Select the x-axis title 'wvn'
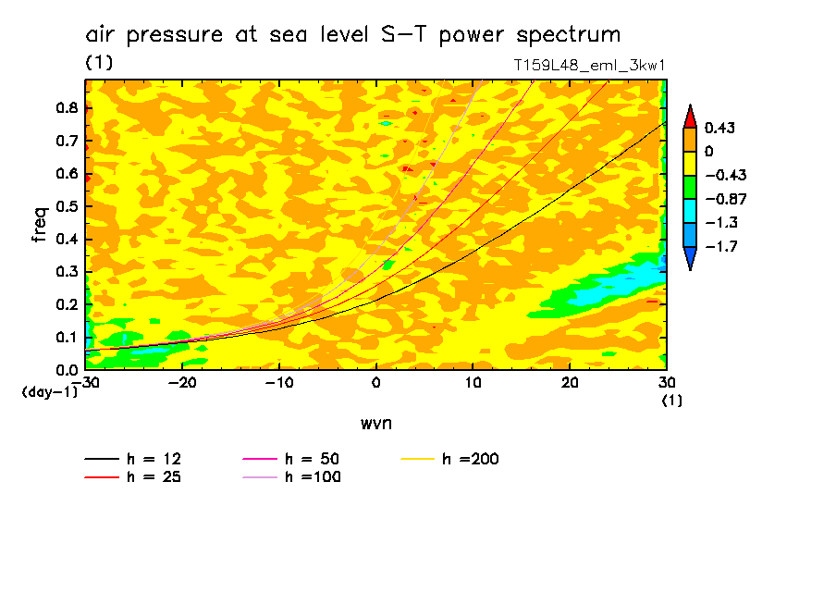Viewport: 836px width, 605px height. tap(375, 423)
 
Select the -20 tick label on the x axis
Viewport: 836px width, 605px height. tap(182, 383)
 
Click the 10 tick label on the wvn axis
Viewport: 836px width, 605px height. tap(473, 383)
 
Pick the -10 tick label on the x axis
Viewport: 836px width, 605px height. tap(278, 383)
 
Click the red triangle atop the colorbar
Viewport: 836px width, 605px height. tap(690, 116)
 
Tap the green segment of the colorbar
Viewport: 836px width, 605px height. tap(690, 187)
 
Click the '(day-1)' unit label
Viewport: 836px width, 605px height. tap(47, 392)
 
